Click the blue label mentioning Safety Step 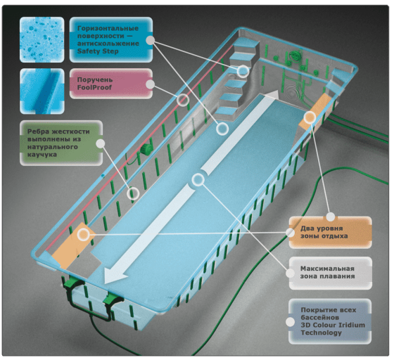[x=111, y=39]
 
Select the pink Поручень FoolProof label [x=111, y=84]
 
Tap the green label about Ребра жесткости [x=61, y=143]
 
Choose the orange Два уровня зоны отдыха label [x=330, y=232]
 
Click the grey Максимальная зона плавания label [x=330, y=273]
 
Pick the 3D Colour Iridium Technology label [x=330, y=321]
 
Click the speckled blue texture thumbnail [x=42, y=39]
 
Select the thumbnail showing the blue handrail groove [x=42, y=91]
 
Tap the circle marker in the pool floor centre [x=198, y=179]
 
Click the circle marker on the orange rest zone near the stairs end [x=310, y=117]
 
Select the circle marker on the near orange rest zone [x=83, y=235]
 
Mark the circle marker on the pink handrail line [x=183, y=100]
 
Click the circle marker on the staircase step [x=243, y=71]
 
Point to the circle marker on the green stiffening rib [x=133, y=193]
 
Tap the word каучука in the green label [x=42, y=155]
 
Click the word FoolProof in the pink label [x=94, y=87]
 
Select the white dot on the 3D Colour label [x=290, y=322]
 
